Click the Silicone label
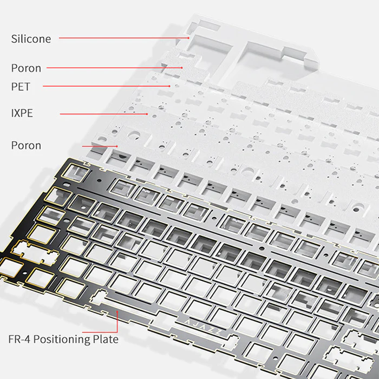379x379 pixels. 31,39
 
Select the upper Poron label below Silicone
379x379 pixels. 26,68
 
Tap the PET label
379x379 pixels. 21,87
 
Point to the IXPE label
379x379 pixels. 22,113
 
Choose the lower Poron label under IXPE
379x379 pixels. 26,146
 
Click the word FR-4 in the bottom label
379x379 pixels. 20,339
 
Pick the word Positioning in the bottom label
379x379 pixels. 64,339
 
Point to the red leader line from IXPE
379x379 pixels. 103,114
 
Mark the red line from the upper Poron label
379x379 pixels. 114,68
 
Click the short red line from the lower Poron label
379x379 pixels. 100,146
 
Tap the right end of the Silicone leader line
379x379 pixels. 188,38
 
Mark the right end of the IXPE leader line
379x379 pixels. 147,114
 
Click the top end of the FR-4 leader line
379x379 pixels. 117,310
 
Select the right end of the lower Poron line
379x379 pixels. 117,146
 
